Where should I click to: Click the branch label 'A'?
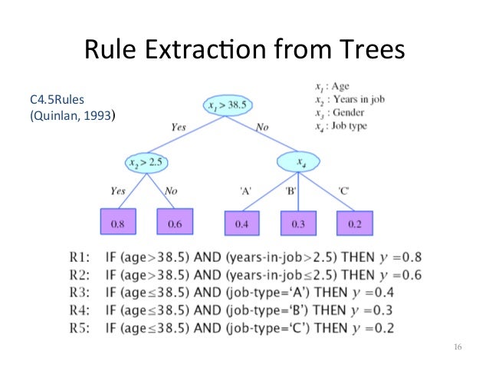click(247, 190)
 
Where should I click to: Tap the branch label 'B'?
click(292, 190)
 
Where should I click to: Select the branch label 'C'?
click(344, 190)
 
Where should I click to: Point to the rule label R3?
click(80, 290)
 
